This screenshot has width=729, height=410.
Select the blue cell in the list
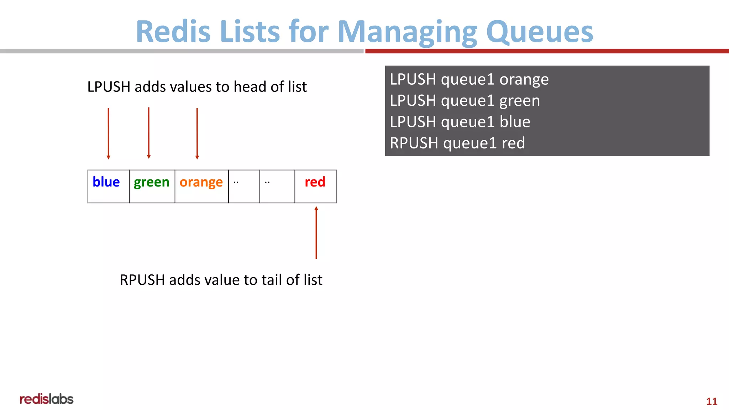coord(108,186)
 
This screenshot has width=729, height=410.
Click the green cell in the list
coord(152,186)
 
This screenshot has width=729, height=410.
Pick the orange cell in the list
coord(201,186)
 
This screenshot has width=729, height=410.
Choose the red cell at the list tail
coord(315,186)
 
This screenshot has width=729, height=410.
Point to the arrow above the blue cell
coord(109,133)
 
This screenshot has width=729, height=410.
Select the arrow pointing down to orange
coord(197,133)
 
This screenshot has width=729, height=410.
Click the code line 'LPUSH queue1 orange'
coord(469,79)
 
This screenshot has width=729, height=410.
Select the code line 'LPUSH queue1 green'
coord(465,101)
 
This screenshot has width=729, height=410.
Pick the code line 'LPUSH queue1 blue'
coord(460,122)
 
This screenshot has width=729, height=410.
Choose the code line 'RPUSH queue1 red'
coord(457,143)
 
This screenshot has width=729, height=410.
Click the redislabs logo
coord(46,399)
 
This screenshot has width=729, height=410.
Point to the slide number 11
coord(712,401)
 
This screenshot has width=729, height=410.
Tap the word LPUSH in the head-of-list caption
coord(109,87)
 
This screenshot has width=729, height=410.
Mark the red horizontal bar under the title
coord(547,51)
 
